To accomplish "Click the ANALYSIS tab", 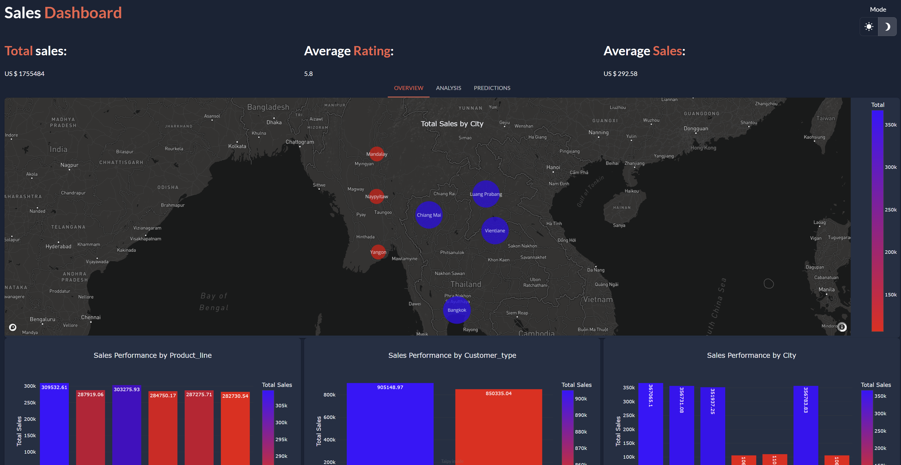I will pos(448,88).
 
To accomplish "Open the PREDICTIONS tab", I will pos(492,88).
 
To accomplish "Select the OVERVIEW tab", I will pos(408,88).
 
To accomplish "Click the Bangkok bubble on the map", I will pos(457,310).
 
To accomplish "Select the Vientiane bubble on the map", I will pos(495,231).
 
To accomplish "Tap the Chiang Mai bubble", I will pos(429,215).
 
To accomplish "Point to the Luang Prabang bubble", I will pos(486,194).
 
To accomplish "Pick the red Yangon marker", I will pos(378,252).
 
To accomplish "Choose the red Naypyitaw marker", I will pos(377,196).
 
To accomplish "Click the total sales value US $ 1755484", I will pos(24,74).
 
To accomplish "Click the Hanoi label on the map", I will pos(553,168).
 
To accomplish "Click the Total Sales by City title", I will pos(452,124).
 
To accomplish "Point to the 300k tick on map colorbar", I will pos(890,167).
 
